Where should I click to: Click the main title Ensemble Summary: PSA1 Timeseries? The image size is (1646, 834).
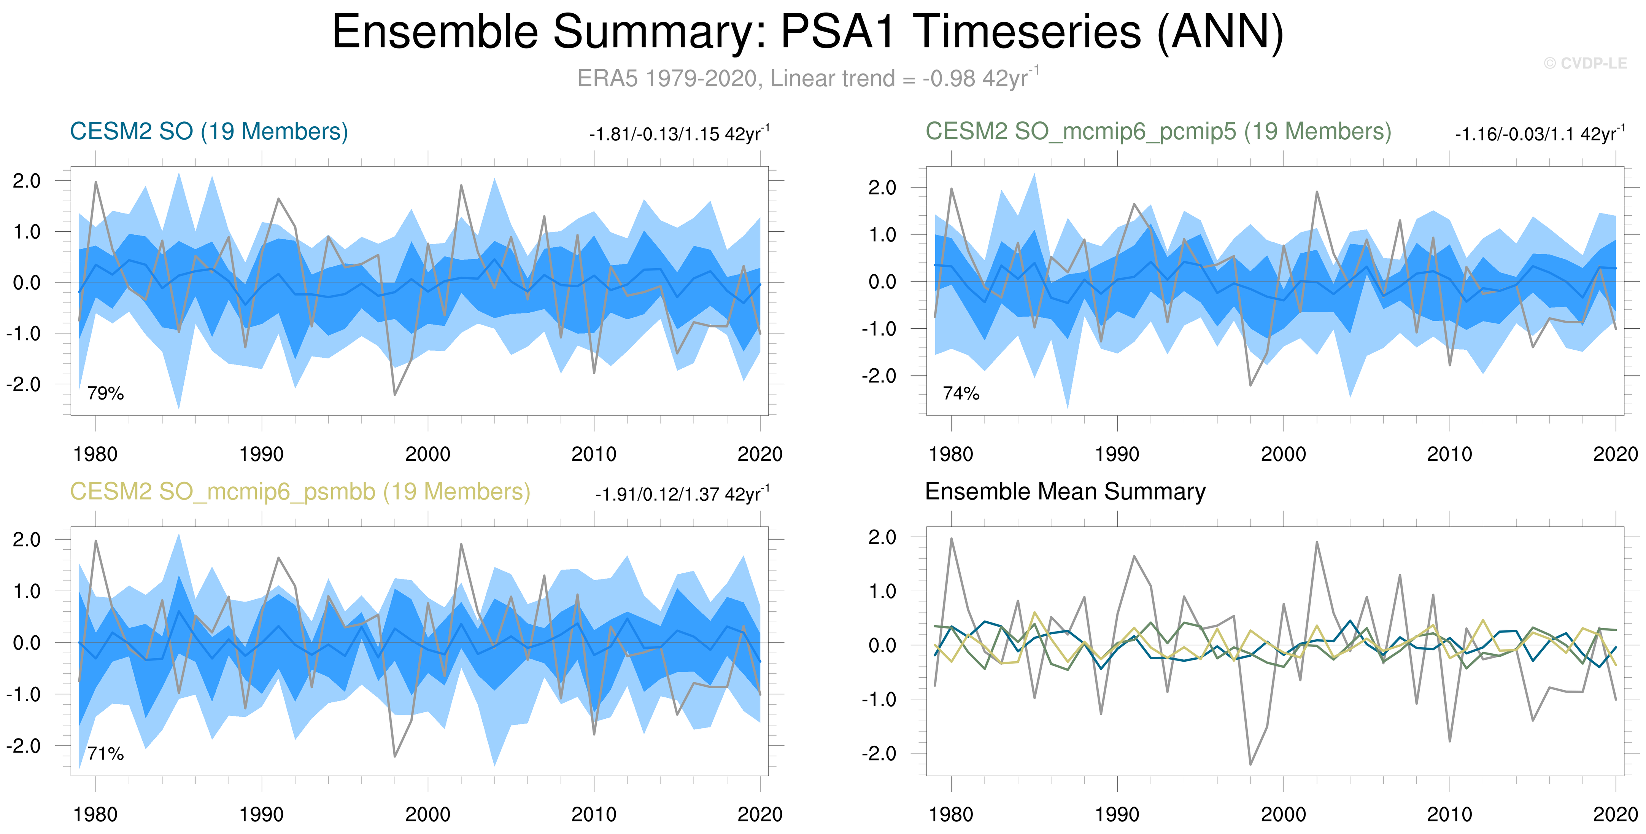click(x=807, y=32)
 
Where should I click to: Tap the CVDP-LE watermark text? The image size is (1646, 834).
click(x=1585, y=63)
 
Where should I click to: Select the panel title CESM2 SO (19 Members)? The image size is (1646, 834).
click(x=209, y=132)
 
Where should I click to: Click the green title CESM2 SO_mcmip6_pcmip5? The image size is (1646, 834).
click(x=1158, y=132)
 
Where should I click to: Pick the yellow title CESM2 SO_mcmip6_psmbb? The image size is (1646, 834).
click(x=300, y=492)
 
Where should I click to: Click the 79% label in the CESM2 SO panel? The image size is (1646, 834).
click(x=105, y=393)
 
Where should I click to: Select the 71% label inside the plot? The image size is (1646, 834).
click(x=105, y=753)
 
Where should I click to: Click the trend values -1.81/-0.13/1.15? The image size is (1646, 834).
click(x=678, y=134)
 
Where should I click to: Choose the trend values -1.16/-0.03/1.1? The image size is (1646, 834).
click(x=1539, y=134)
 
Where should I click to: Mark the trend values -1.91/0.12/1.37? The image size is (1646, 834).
click(x=682, y=494)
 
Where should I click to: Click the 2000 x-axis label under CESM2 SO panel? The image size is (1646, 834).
click(x=427, y=454)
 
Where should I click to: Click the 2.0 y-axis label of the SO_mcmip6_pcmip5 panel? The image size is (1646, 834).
click(x=882, y=188)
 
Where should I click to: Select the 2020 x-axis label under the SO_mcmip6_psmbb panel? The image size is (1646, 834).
click(x=759, y=814)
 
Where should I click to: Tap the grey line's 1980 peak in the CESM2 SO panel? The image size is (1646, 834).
click(x=96, y=182)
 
